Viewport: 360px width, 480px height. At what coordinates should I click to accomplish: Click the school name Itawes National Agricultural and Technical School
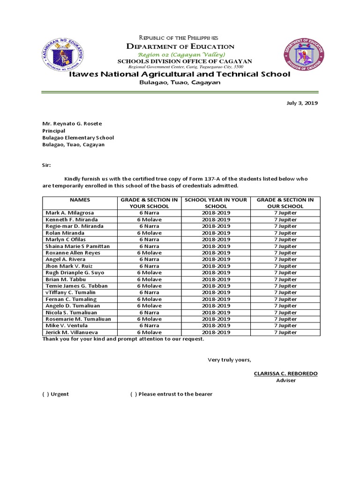(180, 75)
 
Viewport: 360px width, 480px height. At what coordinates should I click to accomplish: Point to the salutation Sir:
(47, 165)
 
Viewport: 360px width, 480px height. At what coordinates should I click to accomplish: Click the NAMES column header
(80, 200)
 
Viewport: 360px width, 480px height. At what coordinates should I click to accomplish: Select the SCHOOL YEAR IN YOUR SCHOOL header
(216, 202)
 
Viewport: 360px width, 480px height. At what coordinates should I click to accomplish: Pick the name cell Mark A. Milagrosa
(69, 213)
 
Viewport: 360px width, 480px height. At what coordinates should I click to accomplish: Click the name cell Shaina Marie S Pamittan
(77, 246)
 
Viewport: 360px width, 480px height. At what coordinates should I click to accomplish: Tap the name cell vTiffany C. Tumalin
(70, 292)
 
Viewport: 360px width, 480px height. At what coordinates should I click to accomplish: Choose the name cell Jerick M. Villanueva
(70, 332)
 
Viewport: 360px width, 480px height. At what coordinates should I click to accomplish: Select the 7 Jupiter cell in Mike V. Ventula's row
(285, 325)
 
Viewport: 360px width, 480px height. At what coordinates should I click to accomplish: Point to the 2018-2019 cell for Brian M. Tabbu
(216, 279)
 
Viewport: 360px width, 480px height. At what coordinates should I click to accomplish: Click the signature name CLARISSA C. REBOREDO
(285, 374)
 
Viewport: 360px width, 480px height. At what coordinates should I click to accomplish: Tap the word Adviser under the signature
(285, 381)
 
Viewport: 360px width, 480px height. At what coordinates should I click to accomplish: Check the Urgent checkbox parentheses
(46, 394)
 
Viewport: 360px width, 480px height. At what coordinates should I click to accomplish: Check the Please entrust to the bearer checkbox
(134, 394)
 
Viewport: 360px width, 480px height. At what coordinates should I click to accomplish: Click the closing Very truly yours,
(229, 360)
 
